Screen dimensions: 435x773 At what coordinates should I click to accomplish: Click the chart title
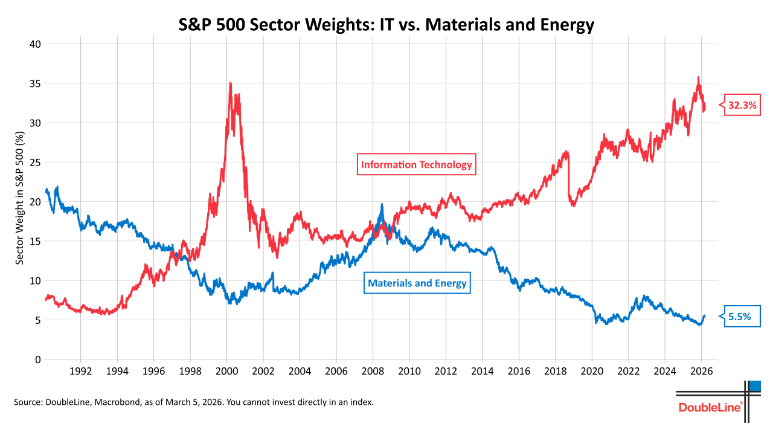[386, 25]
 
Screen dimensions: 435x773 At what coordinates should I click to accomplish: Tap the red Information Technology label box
[417, 164]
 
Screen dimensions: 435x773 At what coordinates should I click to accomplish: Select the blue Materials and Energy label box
[417, 283]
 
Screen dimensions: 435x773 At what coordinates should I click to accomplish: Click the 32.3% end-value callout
[742, 105]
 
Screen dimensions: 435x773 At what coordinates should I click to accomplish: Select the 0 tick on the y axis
[37, 359]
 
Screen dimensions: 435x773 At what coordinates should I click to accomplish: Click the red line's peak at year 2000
[230, 83]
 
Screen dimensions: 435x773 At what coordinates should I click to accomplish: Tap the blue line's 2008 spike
[382, 205]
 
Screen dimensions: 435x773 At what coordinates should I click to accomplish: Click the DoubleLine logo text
[710, 407]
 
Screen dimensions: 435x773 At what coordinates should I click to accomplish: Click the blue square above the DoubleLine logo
[755, 386]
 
